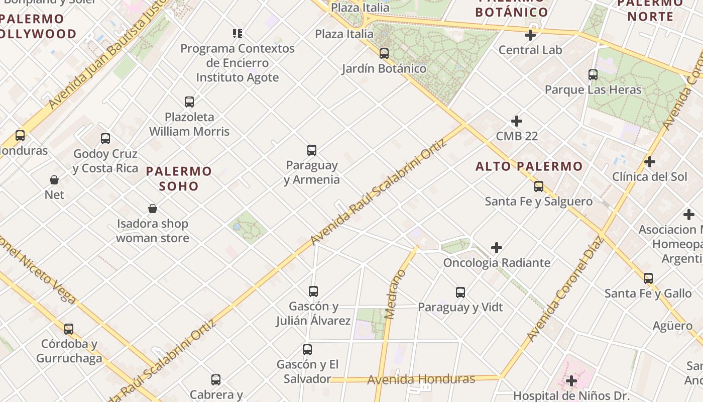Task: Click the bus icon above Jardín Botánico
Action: (384, 53)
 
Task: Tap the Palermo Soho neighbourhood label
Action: (179, 178)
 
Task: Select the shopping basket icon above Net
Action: (54, 180)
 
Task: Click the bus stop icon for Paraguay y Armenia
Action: (312, 150)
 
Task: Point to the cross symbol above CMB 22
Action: (517, 121)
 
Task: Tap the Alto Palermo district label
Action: (529, 166)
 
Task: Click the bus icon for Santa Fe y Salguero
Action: (539, 186)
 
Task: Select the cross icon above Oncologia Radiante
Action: (497, 248)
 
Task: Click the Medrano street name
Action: (395, 294)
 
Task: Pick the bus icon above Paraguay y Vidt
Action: (460, 292)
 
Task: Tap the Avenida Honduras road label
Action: (421, 379)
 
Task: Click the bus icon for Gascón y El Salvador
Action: (307, 350)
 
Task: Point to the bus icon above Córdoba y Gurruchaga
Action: (69, 329)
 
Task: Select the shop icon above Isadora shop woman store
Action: (153, 209)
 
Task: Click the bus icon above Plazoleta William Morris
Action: (189, 102)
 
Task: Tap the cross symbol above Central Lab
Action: (530, 35)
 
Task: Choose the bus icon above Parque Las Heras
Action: (593, 75)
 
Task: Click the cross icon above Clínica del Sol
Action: (650, 162)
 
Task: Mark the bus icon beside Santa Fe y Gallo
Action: (648, 278)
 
